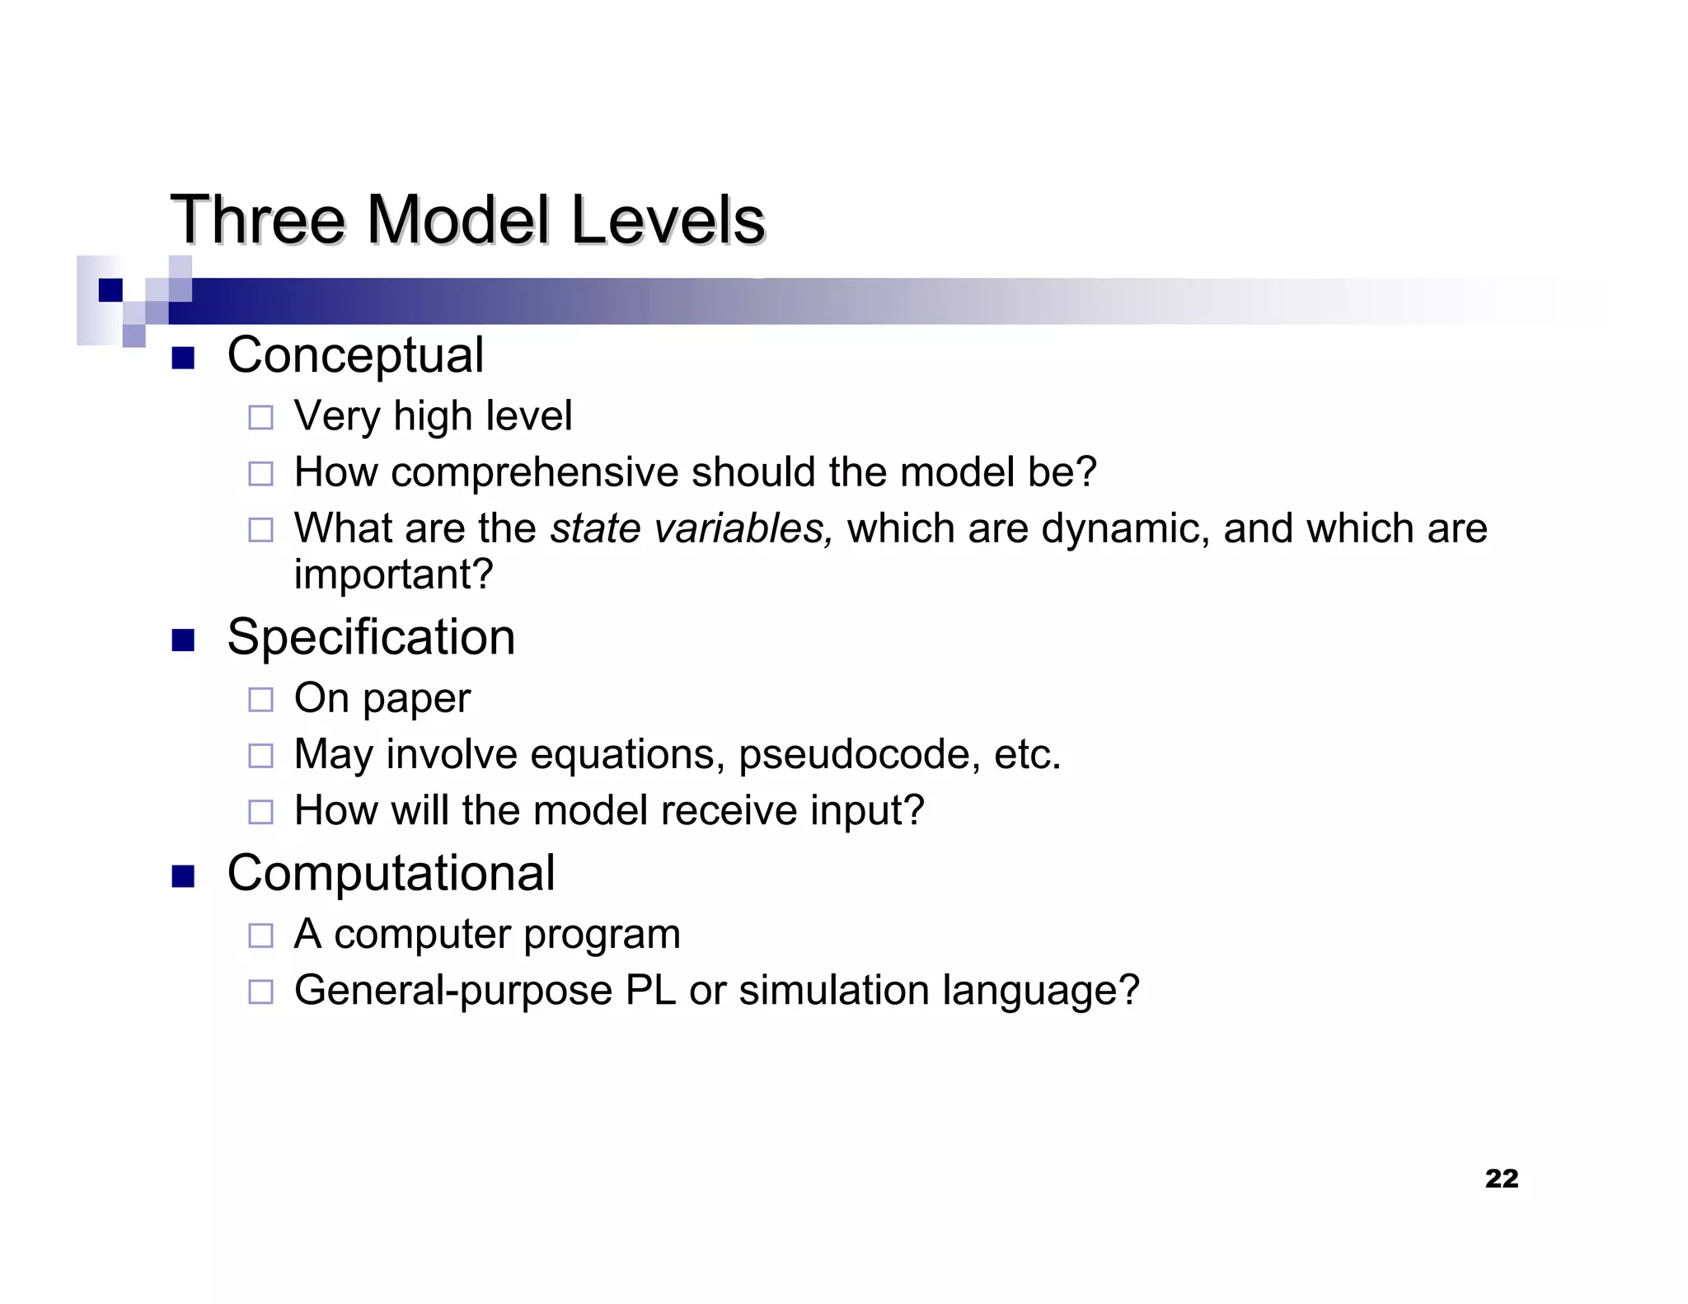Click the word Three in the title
tap(257, 220)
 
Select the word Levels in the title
tap(668, 220)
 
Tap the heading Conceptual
tap(355, 355)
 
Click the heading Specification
tap(371, 637)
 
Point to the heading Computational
tap(391, 873)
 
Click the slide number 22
tap(1501, 1179)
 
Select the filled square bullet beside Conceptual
tap(183, 358)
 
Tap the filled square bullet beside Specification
tap(183, 640)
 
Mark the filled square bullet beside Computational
tap(183, 876)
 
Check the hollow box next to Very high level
tap(260, 417)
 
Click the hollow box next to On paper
tap(260, 700)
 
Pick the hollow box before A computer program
tap(260, 936)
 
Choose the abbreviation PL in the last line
tap(650, 990)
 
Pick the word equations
tap(626, 755)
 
